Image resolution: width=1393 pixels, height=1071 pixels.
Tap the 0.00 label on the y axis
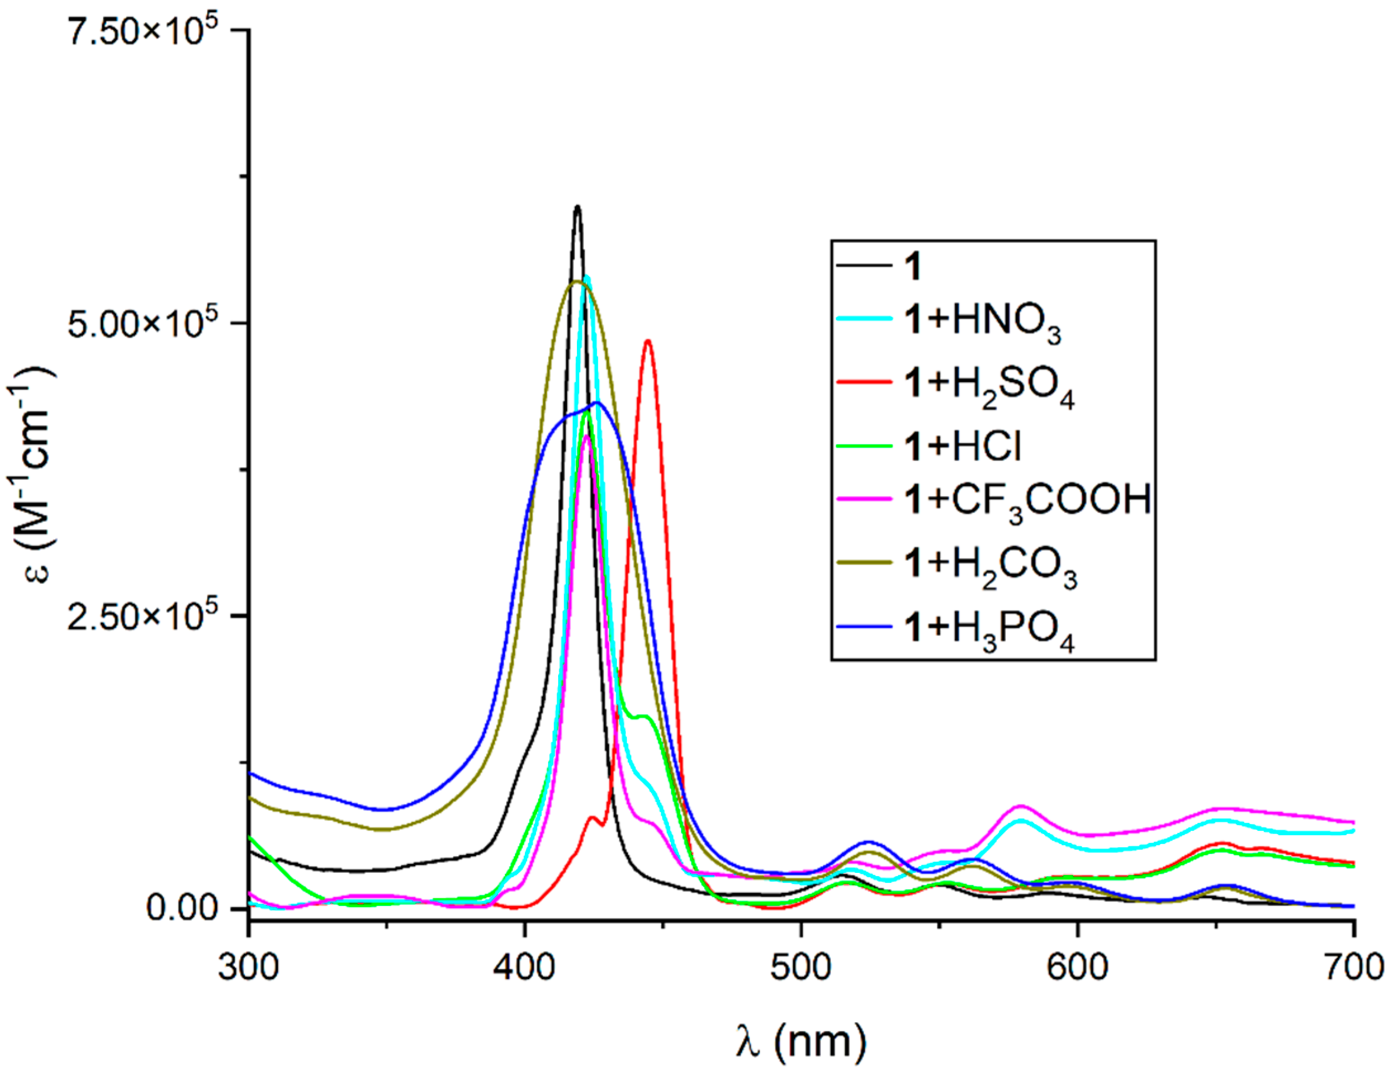pyautogui.click(x=184, y=908)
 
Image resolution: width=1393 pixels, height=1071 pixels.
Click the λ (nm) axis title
pyautogui.click(x=801, y=1039)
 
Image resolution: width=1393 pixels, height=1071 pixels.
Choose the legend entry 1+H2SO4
pyautogui.click(x=988, y=386)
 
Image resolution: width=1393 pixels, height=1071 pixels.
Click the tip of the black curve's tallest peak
pyautogui.click(x=577, y=206)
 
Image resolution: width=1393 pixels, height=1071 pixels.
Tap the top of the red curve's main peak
pyautogui.click(x=648, y=341)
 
